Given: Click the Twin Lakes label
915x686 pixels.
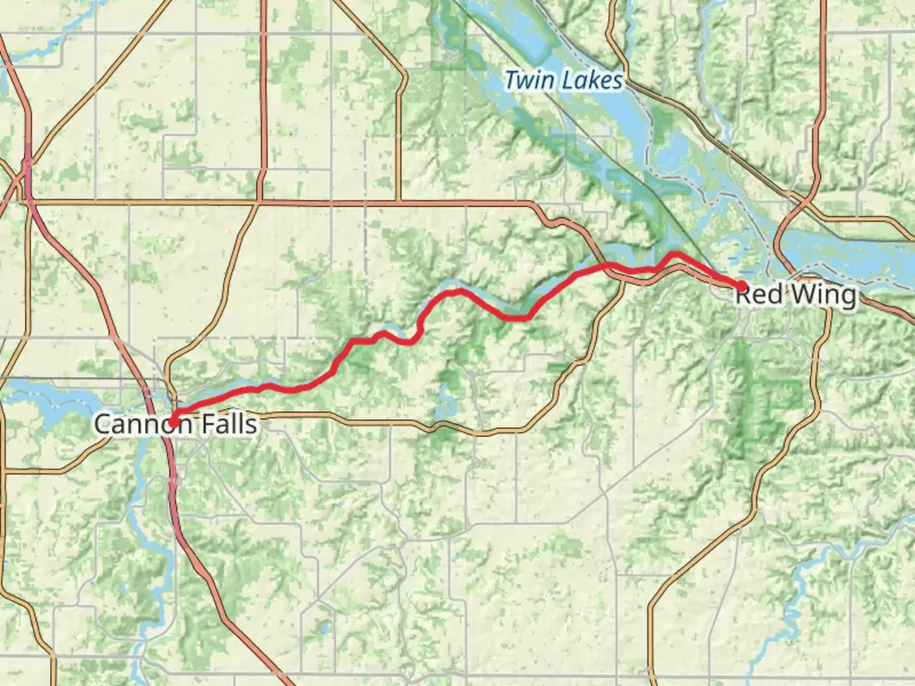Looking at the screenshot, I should click(x=564, y=81).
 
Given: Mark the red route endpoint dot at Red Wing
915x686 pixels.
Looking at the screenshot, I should click(x=741, y=286).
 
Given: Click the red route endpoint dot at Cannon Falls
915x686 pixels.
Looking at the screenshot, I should click(x=172, y=421).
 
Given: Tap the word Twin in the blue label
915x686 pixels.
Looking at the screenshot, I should click(x=527, y=81).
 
